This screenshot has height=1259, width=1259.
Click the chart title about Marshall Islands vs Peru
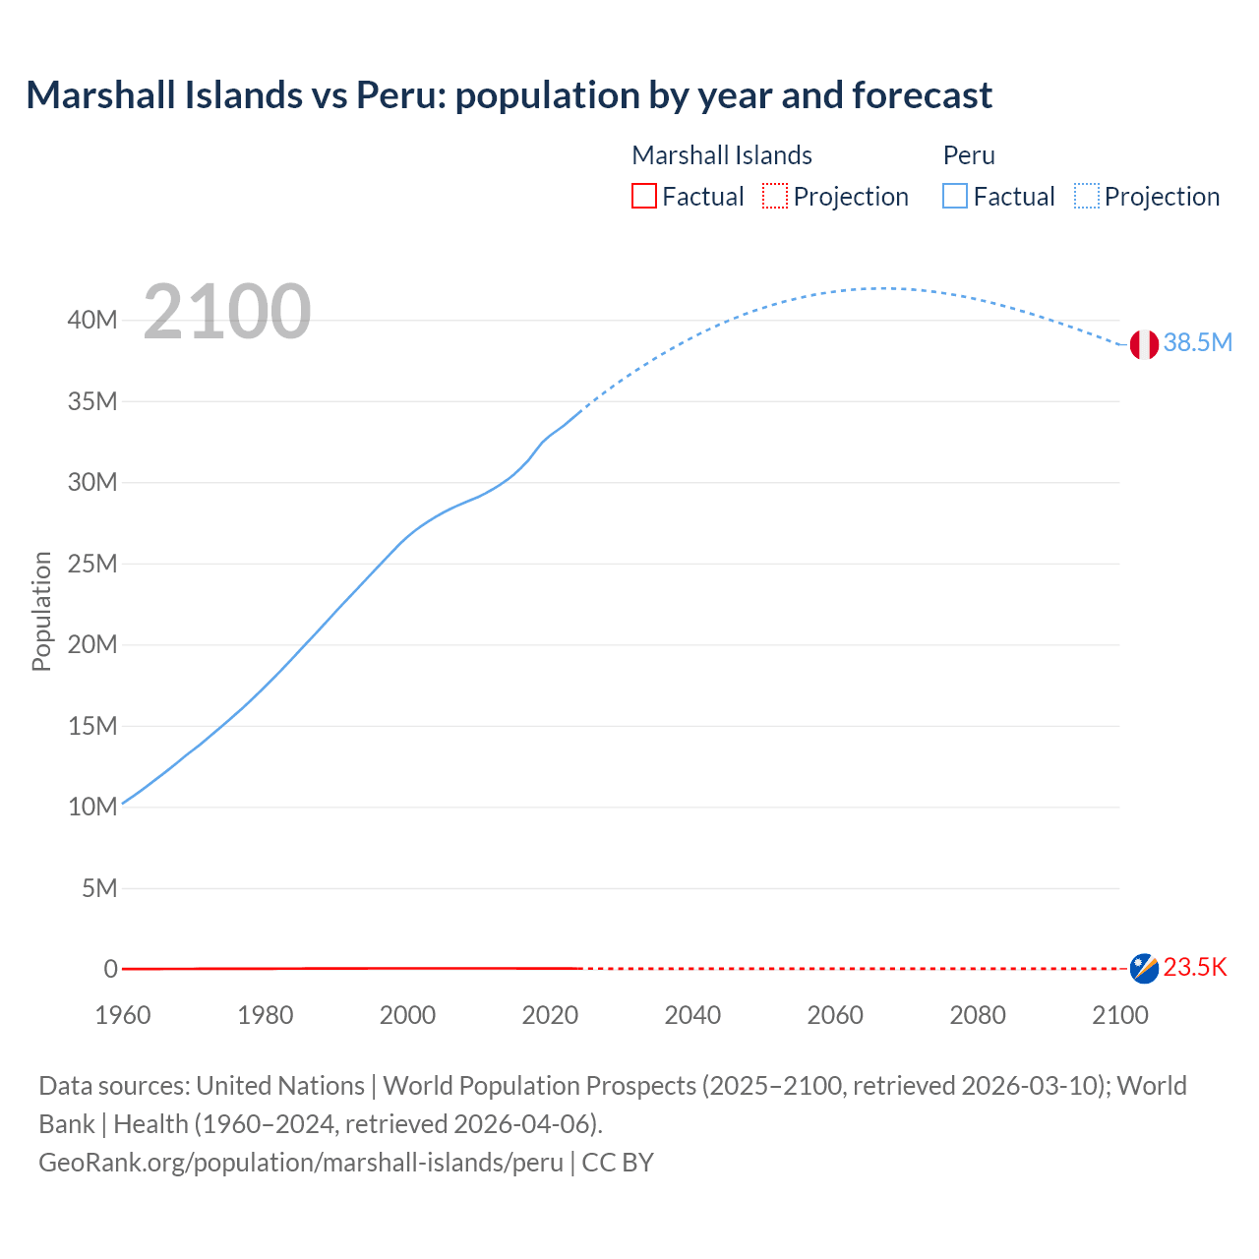point(509,95)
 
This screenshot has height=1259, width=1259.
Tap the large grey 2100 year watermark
point(227,312)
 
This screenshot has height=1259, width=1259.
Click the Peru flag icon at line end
point(1144,344)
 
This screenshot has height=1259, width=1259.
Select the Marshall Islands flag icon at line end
point(1144,968)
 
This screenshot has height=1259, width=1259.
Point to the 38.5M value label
point(1197,342)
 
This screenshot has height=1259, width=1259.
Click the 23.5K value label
point(1195,968)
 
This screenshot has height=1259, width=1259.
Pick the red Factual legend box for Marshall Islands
point(644,197)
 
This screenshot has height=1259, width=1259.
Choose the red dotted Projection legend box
point(775,197)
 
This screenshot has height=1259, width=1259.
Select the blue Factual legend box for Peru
point(955,197)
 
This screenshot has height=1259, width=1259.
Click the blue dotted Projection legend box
point(1087,197)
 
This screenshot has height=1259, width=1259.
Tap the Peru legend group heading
point(969,155)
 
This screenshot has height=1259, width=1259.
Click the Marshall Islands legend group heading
point(722,155)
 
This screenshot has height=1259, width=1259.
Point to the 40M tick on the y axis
point(92,320)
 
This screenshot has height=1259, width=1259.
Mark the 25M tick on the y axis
point(92,564)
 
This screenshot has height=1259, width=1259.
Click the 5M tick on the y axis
point(99,888)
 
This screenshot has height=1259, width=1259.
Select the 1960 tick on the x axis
point(123,1015)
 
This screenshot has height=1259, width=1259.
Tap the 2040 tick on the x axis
point(692,1015)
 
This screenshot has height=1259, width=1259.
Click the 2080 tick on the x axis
point(978,1015)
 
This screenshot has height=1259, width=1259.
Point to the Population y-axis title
point(41,611)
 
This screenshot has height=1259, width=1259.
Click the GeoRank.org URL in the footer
point(301,1163)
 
